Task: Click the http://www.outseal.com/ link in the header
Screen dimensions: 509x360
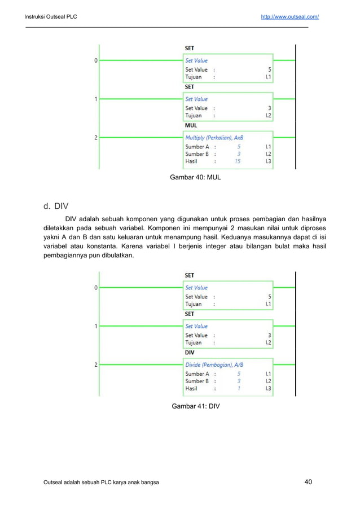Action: (289, 17)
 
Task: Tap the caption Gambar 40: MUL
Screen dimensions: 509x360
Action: (195, 177)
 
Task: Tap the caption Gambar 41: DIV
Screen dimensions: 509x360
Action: (195, 406)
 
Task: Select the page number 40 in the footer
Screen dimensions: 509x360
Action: (308, 482)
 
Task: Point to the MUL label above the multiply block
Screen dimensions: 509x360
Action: (191, 125)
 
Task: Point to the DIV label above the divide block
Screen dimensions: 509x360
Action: (190, 353)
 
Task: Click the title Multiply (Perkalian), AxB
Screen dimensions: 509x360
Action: (214, 138)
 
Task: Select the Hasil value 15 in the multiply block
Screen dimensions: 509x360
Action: (238, 161)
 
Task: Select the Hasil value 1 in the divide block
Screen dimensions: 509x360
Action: (239, 388)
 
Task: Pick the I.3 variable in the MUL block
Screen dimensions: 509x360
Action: (268, 161)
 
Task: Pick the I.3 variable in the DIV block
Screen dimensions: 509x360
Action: (268, 388)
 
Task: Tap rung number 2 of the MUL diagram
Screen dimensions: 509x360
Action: (96, 137)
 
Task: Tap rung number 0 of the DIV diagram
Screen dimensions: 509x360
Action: (96, 288)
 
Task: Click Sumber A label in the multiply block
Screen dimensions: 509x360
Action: (197, 147)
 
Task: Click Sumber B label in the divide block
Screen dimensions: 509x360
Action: (197, 381)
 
